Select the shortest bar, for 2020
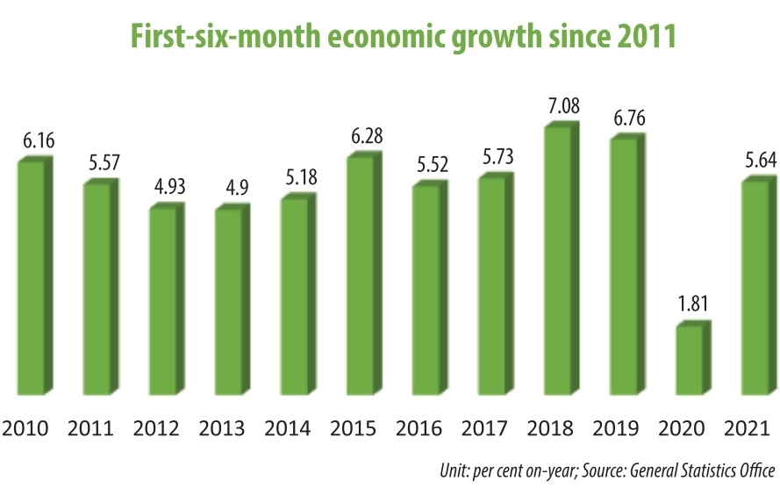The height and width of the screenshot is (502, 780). [x=688, y=360]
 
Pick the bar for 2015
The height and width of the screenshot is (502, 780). [x=359, y=275]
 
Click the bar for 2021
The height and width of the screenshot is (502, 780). [x=755, y=287]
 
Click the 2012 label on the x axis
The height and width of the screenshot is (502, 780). [x=157, y=429]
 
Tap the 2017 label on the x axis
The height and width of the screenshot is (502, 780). [x=486, y=429]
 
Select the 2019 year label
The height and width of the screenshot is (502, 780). [x=618, y=429]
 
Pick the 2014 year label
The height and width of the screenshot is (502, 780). [x=289, y=429]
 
